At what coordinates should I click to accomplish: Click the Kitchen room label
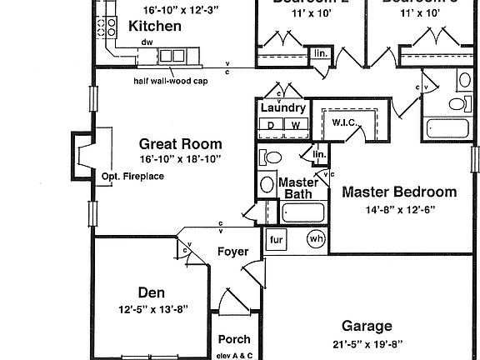(x=155, y=27)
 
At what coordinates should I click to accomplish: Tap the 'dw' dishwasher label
(x=147, y=42)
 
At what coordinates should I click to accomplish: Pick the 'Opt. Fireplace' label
(x=132, y=177)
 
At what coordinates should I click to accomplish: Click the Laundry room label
(x=283, y=108)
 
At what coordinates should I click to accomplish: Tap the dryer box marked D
(x=271, y=125)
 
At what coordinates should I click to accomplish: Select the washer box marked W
(x=295, y=125)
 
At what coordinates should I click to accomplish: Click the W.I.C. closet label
(x=344, y=122)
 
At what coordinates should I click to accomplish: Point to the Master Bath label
(x=297, y=188)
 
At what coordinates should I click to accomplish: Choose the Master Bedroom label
(x=399, y=191)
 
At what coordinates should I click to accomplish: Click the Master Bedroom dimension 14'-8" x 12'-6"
(x=399, y=210)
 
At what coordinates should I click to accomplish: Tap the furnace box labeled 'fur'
(x=277, y=239)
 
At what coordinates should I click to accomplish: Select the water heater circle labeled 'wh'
(x=316, y=239)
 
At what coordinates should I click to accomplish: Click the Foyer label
(x=232, y=252)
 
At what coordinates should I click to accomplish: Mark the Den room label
(x=151, y=292)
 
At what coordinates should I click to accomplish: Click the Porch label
(x=233, y=339)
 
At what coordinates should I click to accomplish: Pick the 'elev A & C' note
(x=234, y=354)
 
